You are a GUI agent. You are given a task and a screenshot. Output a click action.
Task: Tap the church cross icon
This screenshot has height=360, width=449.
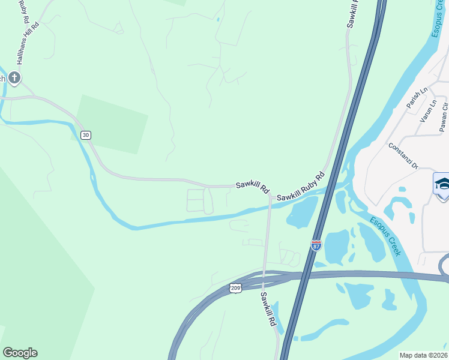point(14,77)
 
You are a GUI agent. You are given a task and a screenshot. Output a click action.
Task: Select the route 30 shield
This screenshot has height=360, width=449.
point(86,135)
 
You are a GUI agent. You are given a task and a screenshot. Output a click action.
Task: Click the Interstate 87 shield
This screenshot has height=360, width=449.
point(316,245)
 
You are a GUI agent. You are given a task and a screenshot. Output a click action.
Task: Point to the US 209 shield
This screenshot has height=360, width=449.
point(236,289)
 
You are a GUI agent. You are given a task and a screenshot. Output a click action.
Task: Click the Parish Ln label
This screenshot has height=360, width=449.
point(416,98)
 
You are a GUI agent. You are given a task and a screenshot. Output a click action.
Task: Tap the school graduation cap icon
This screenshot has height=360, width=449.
point(442,183)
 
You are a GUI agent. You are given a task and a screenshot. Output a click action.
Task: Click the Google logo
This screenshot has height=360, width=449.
point(20,353)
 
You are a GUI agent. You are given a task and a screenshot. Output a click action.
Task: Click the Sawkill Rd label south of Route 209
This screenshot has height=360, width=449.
point(268,309)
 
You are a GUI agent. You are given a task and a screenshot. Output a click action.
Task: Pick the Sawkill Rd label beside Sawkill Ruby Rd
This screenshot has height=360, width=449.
point(252,187)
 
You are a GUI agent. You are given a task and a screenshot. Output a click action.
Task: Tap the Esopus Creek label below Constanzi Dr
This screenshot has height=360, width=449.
point(385,236)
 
